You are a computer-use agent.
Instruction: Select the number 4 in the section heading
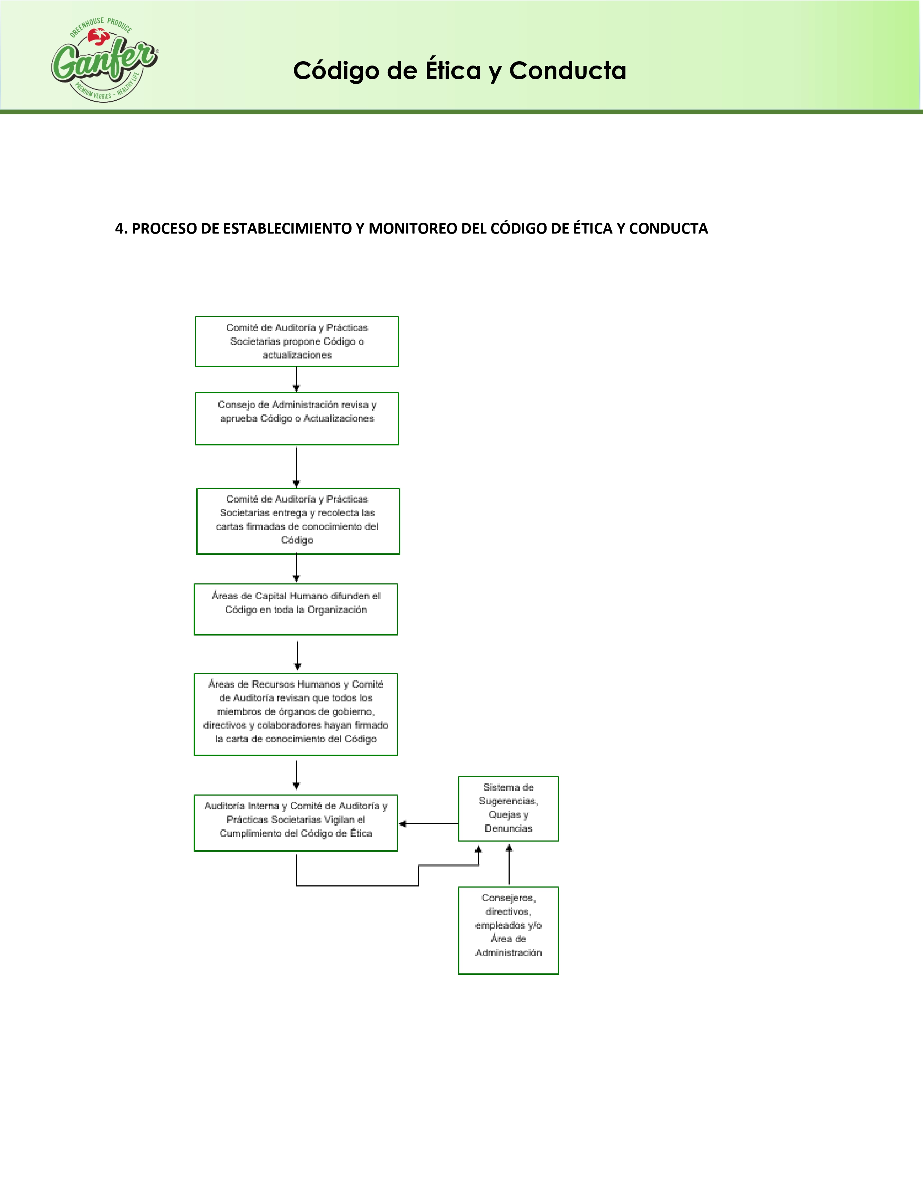[119, 229]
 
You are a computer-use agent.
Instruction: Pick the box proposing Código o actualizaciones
[297, 341]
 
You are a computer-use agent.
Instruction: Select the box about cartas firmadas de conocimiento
[298, 521]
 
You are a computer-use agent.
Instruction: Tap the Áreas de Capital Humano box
[296, 609]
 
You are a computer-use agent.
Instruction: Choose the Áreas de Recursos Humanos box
[296, 714]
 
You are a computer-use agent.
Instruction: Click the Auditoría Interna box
[296, 822]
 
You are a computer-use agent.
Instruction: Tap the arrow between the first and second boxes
[296, 379]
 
